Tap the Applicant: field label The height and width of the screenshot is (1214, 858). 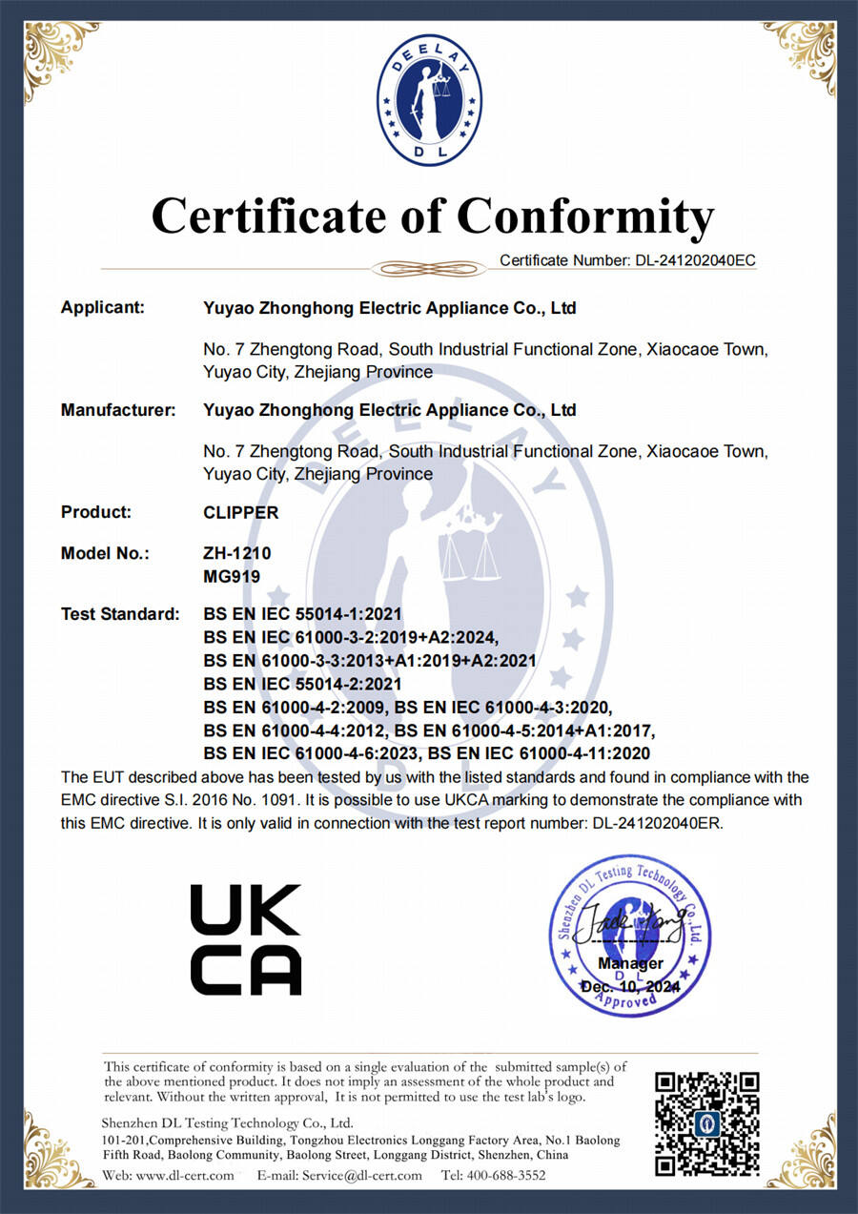(103, 308)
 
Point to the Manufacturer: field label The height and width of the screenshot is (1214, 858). (118, 410)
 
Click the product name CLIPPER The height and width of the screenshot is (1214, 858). (241, 512)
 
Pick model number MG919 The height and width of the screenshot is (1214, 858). (232, 575)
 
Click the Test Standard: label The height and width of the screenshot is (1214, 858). (120, 614)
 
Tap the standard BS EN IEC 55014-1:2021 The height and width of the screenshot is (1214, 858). (303, 614)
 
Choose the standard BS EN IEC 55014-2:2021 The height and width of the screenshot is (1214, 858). (303, 684)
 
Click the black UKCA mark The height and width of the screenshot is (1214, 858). (246, 939)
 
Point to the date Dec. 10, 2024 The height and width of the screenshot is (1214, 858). (630, 985)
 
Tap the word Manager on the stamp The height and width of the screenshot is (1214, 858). (630, 963)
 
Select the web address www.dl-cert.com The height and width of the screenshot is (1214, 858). (186, 1175)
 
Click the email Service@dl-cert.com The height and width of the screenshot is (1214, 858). (361, 1175)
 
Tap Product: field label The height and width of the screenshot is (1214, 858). (96, 512)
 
